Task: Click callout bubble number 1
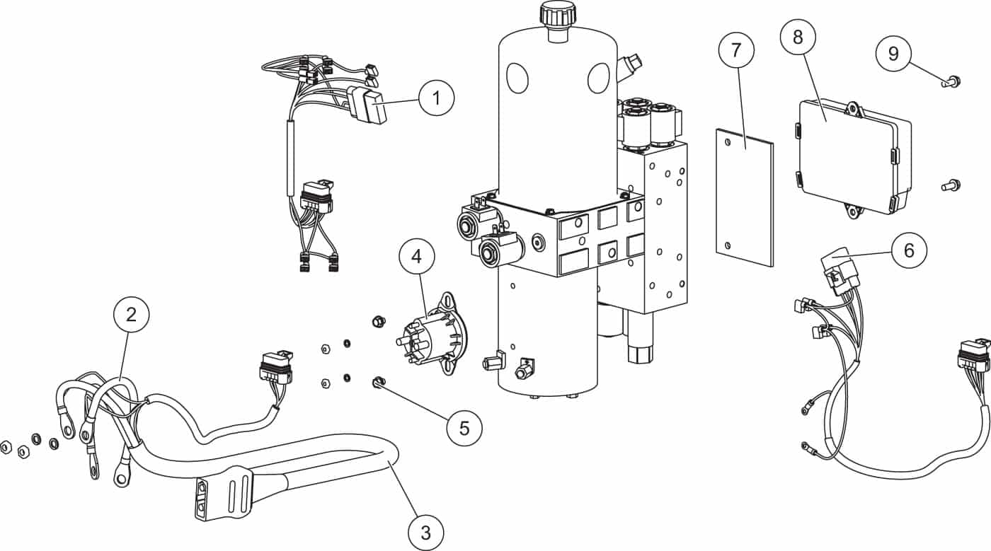pyautogui.click(x=437, y=98)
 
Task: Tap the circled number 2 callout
pyautogui.click(x=132, y=315)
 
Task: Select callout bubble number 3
pyautogui.click(x=425, y=533)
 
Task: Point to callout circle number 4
pyautogui.click(x=417, y=256)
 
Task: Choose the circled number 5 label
pyautogui.click(x=464, y=428)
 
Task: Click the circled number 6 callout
pyautogui.click(x=909, y=250)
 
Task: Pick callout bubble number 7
pyautogui.click(x=736, y=50)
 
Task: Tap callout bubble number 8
pyautogui.click(x=798, y=37)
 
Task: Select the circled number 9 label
pyautogui.click(x=893, y=53)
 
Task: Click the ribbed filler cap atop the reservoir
pyautogui.click(x=558, y=15)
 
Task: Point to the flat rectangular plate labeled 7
pyautogui.click(x=745, y=197)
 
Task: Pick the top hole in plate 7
pyautogui.click(x=728, y=142)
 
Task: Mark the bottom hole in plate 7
pyautogui.click(x=728, y=245)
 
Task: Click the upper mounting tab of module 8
pyautogui.click(x=853, y=109)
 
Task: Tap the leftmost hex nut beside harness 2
pyautogui.click(x=6, y=448)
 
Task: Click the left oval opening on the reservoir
pyautogui.click(x=517, y=78)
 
